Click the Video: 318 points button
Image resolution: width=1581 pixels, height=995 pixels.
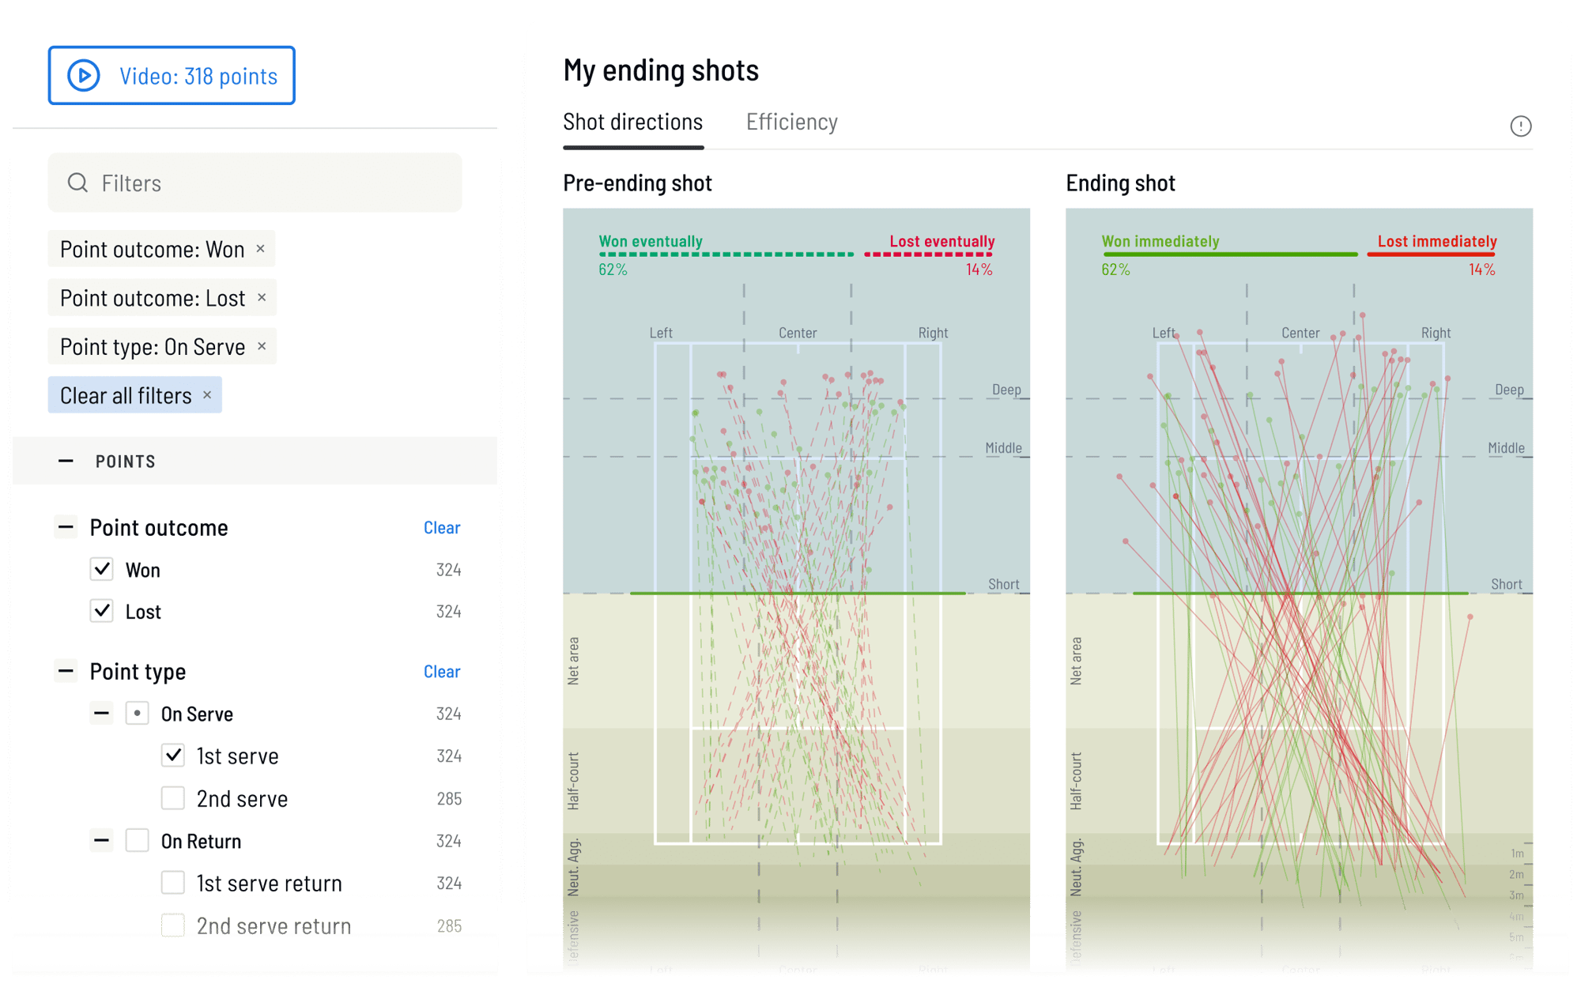172,76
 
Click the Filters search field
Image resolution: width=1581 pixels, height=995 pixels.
255,183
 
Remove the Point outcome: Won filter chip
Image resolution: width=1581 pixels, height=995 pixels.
260,249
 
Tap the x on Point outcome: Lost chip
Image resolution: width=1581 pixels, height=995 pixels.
262,298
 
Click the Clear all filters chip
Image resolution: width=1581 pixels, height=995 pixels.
134,395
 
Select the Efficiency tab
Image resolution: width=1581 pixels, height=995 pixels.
791,122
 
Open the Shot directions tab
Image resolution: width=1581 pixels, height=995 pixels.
632,122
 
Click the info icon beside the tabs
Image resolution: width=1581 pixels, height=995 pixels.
1520,126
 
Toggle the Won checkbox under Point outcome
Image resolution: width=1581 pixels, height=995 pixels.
102,570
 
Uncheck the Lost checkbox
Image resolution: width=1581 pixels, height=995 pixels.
102,612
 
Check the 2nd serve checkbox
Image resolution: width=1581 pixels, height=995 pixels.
173,798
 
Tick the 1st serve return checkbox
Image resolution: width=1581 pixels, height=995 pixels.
173,883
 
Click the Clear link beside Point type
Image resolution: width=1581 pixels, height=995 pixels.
441,672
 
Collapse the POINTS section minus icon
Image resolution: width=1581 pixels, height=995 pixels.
66,461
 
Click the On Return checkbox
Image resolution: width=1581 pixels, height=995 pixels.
138,841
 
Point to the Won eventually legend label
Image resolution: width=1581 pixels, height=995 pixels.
650,242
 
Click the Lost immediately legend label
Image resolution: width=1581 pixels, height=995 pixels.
1436,242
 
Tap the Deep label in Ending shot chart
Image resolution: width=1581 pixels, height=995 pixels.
1508,390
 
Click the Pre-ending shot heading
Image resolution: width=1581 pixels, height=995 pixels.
637,183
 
